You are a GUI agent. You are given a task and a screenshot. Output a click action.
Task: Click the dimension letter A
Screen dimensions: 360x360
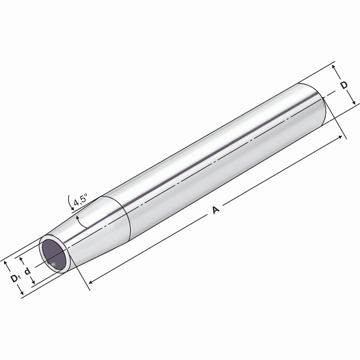point(216,210)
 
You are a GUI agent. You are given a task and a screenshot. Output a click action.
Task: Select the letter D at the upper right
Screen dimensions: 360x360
point(344,85)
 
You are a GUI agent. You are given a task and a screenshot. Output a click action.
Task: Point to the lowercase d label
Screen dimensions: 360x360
point(28,271)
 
